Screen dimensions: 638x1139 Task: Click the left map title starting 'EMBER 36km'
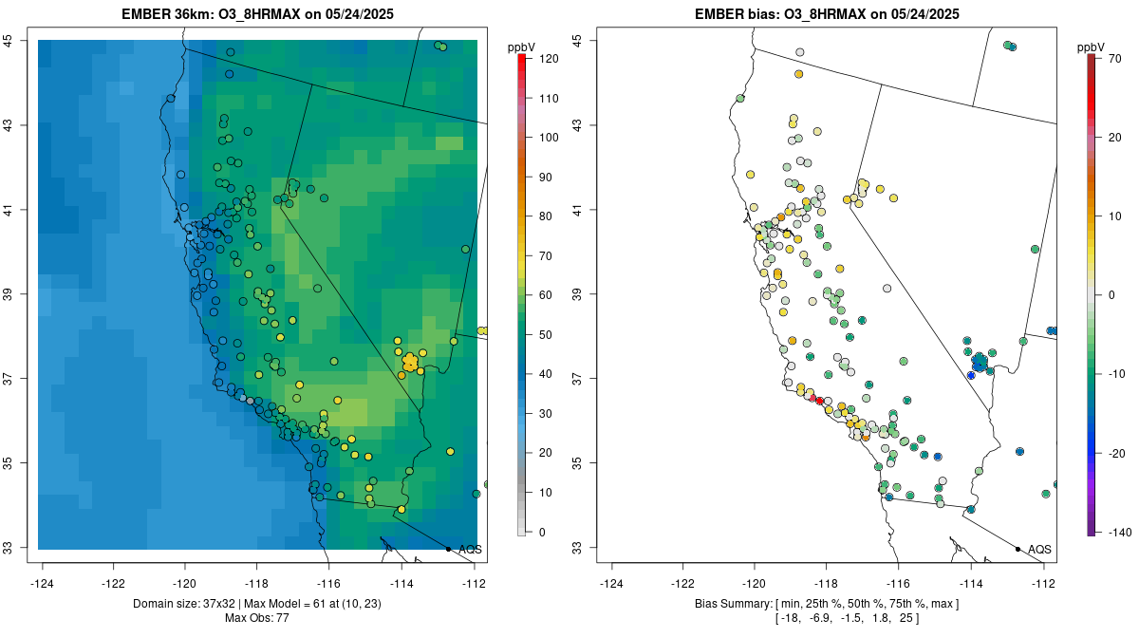point(256,14)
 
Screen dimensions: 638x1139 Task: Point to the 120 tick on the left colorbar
point(548,59)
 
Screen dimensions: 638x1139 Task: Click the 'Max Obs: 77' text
point(256,618)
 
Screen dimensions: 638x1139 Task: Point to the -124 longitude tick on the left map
point(43,583)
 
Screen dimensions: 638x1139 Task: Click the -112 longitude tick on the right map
point(1043,583)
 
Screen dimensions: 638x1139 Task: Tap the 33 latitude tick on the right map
point(581,548)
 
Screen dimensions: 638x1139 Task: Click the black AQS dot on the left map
point(448,549)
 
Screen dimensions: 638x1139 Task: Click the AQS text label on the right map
point(1039,549)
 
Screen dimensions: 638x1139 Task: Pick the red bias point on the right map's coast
point(819,402)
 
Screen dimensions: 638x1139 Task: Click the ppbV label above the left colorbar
point(521,47)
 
